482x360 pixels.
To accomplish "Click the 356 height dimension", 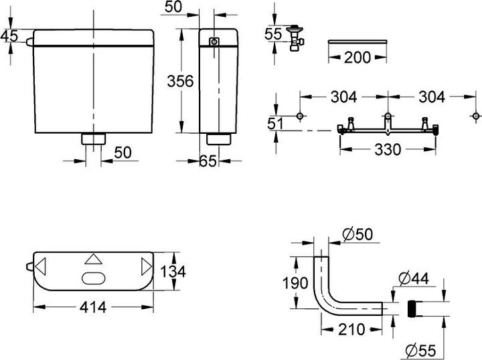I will [180, 81].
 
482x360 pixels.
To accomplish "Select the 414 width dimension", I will [93, 307].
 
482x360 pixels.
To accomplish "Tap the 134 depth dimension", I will [171, 272].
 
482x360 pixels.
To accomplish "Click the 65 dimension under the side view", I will [208, 161].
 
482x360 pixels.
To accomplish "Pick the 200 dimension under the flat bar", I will [357, 57].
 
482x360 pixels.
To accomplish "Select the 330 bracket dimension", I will [387, 149].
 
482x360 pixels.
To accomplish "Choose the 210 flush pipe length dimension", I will [351, 329].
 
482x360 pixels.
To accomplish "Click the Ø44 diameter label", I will [418, 276].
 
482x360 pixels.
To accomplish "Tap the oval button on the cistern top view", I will [93, 280].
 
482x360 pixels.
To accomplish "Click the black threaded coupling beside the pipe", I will [412, 309].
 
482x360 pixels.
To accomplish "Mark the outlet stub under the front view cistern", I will [93, 139].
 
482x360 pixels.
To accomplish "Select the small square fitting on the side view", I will [214, 42].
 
